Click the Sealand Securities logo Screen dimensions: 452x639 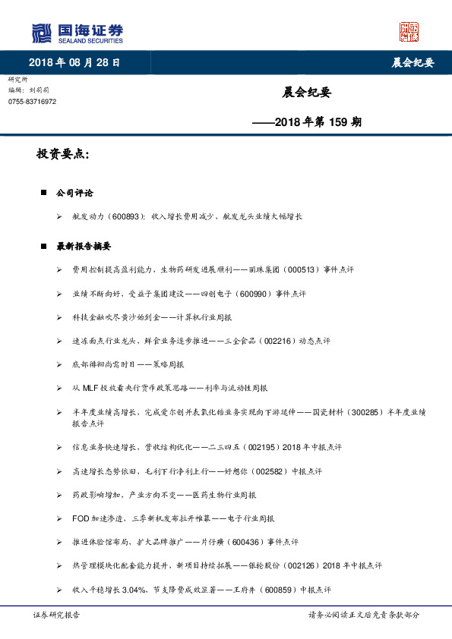[x=77, y=33]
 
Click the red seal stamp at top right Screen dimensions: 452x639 [x=409, y=32]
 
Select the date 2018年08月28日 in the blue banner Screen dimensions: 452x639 [x=74, y=62]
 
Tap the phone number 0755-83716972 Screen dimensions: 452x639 [x=32, y=102]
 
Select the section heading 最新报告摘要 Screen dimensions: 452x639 [x=84, y=247]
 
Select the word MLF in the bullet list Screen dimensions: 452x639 [x=89, y=388]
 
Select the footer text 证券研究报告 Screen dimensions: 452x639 [x=57, y=614]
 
